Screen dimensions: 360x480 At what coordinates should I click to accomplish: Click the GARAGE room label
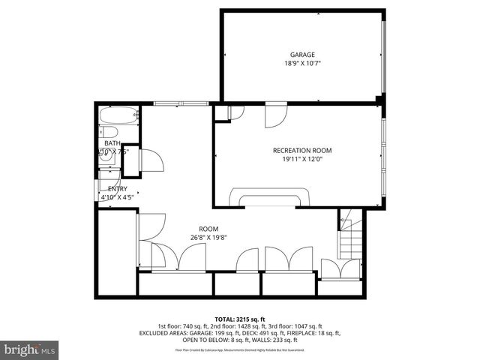point(302,54)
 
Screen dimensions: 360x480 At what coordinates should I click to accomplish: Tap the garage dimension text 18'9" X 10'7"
point(302,64)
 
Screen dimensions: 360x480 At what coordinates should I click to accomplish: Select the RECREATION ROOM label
point(301,150)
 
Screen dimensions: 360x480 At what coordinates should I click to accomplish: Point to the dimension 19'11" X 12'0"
point(301,159)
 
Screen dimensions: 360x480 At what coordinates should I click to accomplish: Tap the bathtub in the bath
point(119,116)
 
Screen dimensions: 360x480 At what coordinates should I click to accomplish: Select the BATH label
point(112,143)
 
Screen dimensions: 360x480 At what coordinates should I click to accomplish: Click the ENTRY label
point(118,189)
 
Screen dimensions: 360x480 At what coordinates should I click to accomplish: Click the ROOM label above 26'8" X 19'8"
point(208,229)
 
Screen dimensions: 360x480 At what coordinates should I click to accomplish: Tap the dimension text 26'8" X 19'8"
point(208,238)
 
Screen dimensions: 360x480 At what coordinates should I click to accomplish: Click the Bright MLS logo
point(30,349)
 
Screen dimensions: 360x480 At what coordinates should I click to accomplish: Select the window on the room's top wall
point(180,103)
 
